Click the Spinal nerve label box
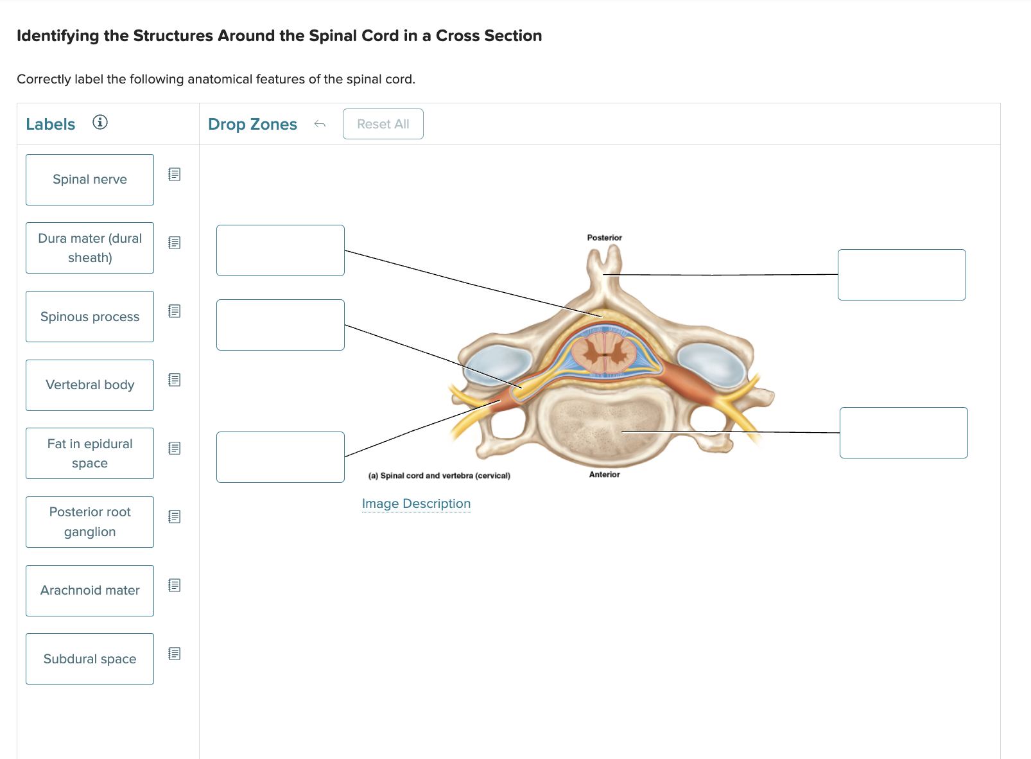click(x=90, y=180)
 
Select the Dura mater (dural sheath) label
click(x=90, y=248)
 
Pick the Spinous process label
click(x=90, y=317)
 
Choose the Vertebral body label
click(x=90, y=385)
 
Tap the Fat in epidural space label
click(x=90, y=453)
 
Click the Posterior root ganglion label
click(x=90, y=522)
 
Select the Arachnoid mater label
click(x=90, y=591)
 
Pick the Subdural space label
click(x=90, y=659)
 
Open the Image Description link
click(x=416, y=504)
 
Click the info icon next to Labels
click(x=100, y=122)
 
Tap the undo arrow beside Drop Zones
click(x=320, y=124)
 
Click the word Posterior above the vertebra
click(x=604, y=238)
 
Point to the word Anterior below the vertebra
click(x=604, y=475)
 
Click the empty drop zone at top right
click(x=901, y=275)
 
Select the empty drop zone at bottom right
click(x=903, y=433)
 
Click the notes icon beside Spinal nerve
click(x=174, y=174)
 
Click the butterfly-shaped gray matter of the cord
click(x=604, y=352)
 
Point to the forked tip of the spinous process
click(x=604, y=257)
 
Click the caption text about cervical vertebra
click(x=439, y=476)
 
